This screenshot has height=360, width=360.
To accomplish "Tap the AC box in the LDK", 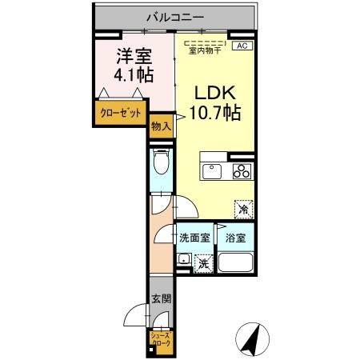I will (241, 46).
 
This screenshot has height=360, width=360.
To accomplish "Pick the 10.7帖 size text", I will (214, 112).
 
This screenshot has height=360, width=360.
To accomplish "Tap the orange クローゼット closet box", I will (120, 114).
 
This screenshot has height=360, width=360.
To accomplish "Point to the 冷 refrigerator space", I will (242, 209).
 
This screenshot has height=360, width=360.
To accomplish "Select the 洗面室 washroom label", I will (194, 238).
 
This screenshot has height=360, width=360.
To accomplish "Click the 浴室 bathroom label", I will (234, 238).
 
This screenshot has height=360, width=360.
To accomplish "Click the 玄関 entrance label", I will (161, 300).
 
